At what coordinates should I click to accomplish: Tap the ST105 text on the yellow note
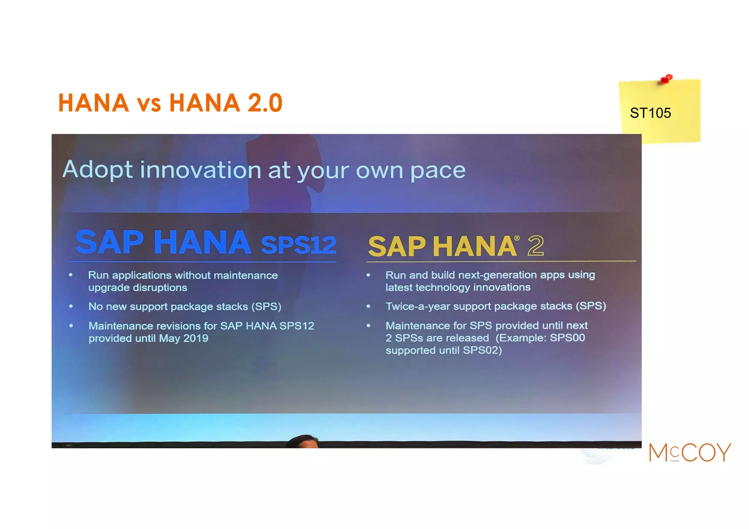coord(650,113)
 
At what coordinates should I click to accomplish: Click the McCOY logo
coord(690,453)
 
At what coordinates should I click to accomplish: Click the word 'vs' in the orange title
coord(149,105)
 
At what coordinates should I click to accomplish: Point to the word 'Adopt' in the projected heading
coord(98,170)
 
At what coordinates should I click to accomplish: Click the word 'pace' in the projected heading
coord(437,171)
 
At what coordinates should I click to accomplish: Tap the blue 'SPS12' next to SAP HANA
coord(298,245)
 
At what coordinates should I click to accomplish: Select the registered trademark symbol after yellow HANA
coord(517,238)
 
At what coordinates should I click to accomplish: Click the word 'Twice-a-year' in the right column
coord(417,306)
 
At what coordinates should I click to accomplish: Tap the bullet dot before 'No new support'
coord(71,306)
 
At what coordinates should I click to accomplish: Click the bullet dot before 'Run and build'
coord(368,275)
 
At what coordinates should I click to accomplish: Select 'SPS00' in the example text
coord(567,337)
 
